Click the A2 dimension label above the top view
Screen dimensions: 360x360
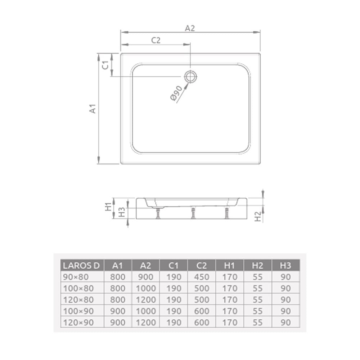[x=190, y=28]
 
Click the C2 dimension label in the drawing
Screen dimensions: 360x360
[x=156, y=40]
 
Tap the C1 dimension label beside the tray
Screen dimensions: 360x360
[x=105, y=65]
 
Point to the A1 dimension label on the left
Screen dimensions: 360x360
[x=93, y=109]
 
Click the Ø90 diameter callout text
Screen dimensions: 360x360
[x=176, y=93]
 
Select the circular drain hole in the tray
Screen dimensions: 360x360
[x=190, y=76]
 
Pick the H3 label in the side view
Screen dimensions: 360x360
[x=122, y=212]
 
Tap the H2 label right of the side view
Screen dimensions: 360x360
[x=258, y=216]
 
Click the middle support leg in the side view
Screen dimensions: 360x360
[x=193, y=213]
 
